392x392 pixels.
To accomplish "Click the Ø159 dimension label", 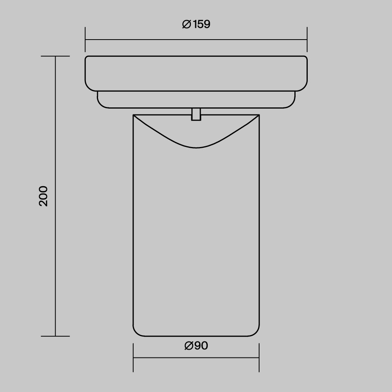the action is click(x=196, y=24).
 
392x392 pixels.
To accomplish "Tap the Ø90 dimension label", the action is click(x=196, y=345).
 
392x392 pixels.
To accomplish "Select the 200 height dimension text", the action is click(x=43, y=196).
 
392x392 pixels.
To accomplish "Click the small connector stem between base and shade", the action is click(x=196, y=114).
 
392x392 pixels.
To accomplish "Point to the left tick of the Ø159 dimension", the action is click(x=85, y=40).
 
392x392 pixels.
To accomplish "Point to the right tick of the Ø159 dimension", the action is click(x=307, y=40).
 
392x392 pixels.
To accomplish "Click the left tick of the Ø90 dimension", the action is click(x=133, y=358).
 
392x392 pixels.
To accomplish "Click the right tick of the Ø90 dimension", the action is click(x=259, y=358).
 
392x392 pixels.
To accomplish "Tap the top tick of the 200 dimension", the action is click(x=55, y=56).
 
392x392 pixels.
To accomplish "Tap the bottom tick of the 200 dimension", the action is click(x=55, y=336).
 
